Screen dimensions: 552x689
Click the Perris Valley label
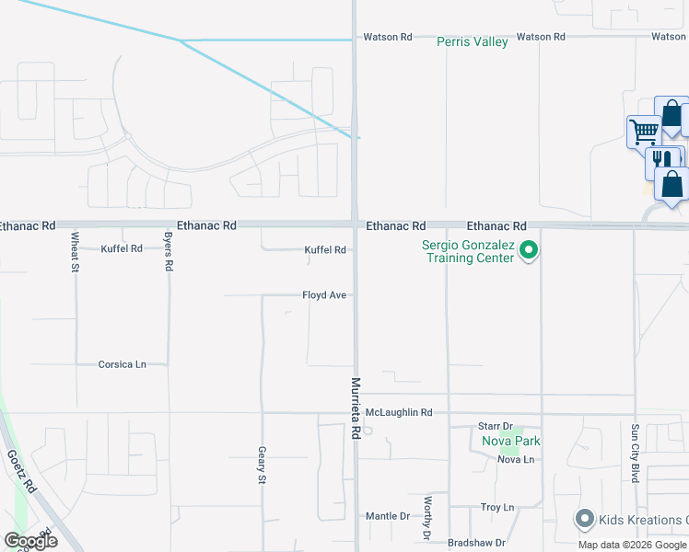(x=473, y=42)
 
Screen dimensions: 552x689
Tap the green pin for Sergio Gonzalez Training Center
(x=529, y=249)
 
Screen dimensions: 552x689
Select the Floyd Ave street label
(x=324, y=295)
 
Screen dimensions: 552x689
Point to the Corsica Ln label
(x=123, y=364)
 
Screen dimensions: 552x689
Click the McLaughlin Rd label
(x=399, y=413)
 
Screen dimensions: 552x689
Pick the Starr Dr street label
(x=495, y=427)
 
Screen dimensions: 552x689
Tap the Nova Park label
(x=511, y=442)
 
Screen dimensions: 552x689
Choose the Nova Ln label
(x=515, y=459)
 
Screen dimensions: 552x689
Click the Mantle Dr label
(x=387, y=516)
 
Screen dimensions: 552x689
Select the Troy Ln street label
(x=496, y=508)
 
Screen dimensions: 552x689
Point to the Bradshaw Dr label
(x=476, y=543)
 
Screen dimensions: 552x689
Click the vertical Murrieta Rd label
(x=355, y=408)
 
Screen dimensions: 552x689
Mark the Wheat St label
(x=76, y=252)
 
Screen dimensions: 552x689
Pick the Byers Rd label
(x=169, y=250)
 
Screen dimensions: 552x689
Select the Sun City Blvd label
(x=636, y=447)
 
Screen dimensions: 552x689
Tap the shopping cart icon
(x=643, y=131)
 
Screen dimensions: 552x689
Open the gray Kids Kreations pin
(x=583, y=520)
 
